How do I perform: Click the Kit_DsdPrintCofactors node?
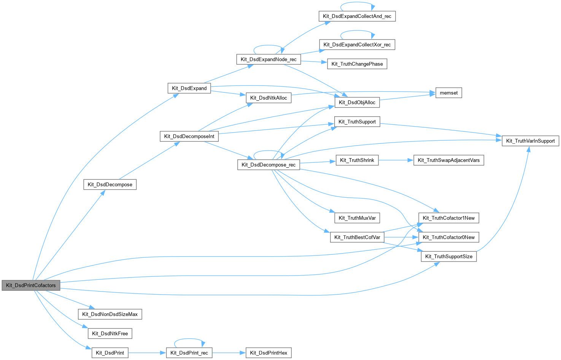point(31,285)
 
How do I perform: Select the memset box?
point(449,93)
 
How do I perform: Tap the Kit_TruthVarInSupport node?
point(530,141)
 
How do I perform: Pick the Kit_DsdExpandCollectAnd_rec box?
point(357,16)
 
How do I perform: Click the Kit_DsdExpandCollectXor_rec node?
point(357,44)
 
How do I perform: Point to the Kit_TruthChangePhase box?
point(357,64)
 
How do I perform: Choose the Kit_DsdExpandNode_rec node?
point(269,59)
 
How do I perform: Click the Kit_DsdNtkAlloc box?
point(269,98)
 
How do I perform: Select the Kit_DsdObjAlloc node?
point(357,102)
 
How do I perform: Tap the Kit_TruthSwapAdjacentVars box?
point(448,160)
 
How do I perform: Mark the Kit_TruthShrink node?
point(357,160)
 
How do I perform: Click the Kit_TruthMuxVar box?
point(357,218)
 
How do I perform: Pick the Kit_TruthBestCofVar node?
point(357,237)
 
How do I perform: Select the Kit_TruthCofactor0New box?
point(449,237)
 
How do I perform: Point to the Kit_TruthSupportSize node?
point(449,256)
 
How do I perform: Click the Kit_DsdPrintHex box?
point(269,353)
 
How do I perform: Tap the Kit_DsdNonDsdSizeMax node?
point(110,314)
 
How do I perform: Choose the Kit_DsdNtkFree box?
point(110,333)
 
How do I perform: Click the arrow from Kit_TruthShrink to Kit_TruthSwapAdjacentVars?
point(396,160)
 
